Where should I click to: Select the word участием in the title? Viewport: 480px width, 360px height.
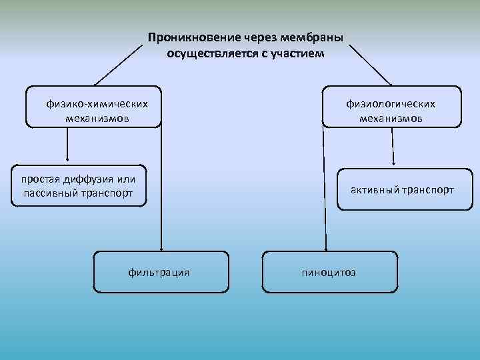point(299,53)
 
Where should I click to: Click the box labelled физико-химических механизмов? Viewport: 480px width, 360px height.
point(94,106)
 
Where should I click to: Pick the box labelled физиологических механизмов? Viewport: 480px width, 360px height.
point(391,106)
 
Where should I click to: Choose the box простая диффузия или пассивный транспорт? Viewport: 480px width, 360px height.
point(79,186)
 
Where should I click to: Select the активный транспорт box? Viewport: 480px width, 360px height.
point(402,190)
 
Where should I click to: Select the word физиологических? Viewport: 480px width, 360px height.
point(391,104)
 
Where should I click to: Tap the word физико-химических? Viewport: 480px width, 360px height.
point(97,104)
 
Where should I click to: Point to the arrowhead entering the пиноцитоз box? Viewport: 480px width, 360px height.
point(326,249)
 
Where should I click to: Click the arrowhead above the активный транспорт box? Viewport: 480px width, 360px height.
point(393,162)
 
